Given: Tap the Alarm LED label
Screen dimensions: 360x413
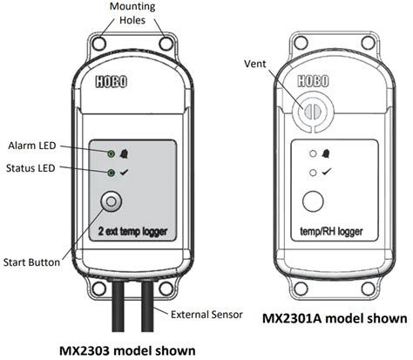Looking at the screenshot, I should click(x=33, y=145).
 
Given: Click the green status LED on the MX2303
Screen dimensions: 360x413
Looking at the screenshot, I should click(x=112, y=173).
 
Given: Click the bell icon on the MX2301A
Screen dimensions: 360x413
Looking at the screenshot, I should click(x=326, y=155).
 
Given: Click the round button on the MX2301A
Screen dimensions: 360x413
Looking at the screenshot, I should click(x=311, y=202).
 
